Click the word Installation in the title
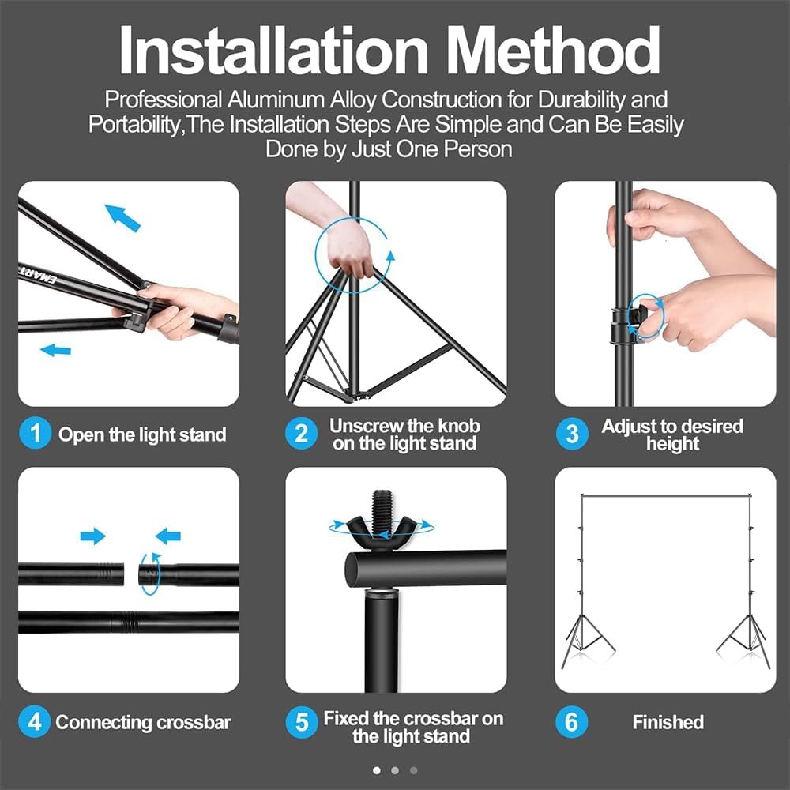[x=273, y=51]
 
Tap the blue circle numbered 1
[x=35, y=433]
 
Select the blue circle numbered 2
[x=301, y=433]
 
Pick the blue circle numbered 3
[x=572, y=433]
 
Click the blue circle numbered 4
[x=34, y=721]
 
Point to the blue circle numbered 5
[x=302, y=722]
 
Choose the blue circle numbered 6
[x=571, y=721]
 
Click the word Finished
[x=668, y=722]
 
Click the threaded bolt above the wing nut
[x=381, y=507]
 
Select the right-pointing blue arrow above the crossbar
[x=92, y=536]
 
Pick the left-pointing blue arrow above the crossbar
[x=167, y=536]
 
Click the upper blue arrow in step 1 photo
[x=122, y=218]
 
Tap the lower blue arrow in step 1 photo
[x=55, y=350]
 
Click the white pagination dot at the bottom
[x=376, y=770]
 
